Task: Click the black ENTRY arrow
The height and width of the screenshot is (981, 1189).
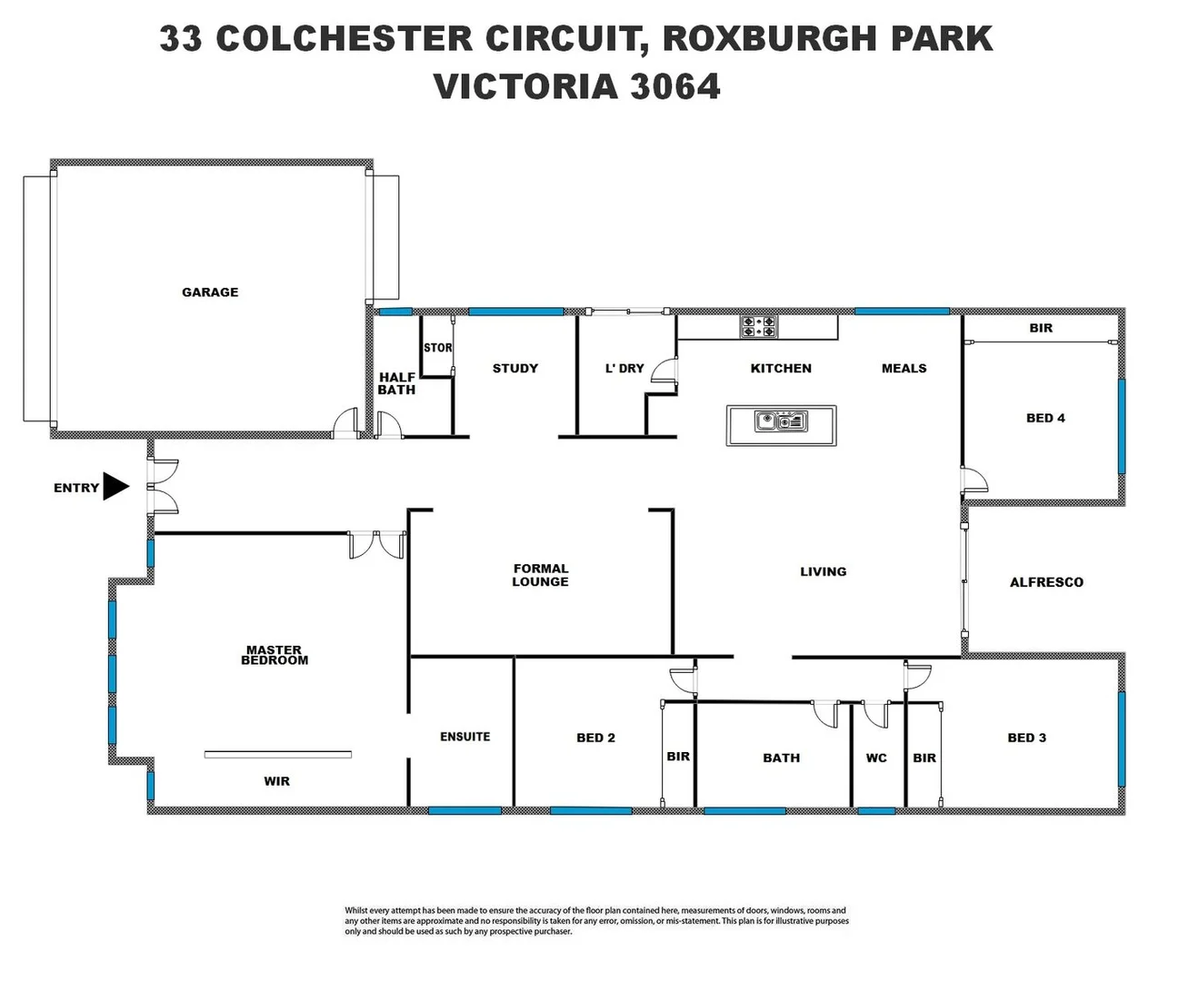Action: click(115, 487)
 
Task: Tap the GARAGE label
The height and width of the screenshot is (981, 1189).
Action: click(210, 292)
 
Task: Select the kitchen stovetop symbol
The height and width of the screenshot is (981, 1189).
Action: click(758, 327)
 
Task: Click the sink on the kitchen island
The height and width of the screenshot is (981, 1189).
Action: click(781, 421)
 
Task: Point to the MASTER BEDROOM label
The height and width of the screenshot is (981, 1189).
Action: click(274, 656)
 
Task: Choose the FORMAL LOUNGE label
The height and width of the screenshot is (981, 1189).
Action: click(540, 575)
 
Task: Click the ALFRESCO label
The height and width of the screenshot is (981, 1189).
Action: click(1046, 582)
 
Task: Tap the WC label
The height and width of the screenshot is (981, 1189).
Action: click(876, 758)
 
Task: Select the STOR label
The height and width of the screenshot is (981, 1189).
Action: click(437, 348)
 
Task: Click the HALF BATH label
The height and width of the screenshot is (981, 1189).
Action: click(396, 383)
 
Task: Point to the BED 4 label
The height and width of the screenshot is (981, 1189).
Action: click(1045, 418)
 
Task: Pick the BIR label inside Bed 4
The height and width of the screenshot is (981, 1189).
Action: click(1041, 328)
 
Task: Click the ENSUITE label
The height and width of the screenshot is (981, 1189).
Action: click(465, 737)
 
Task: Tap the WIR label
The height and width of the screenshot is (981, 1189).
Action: click(276, 781)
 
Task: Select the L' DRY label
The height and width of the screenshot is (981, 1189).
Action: click(624, 368)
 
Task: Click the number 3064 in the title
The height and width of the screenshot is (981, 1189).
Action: click(675, 87)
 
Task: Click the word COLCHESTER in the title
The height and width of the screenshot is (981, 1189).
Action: click(345, 39)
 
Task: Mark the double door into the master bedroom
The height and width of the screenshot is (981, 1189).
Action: click(376, 544)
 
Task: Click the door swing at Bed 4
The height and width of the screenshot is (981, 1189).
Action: click(974, 481)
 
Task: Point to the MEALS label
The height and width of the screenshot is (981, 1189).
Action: click(904, 368)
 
